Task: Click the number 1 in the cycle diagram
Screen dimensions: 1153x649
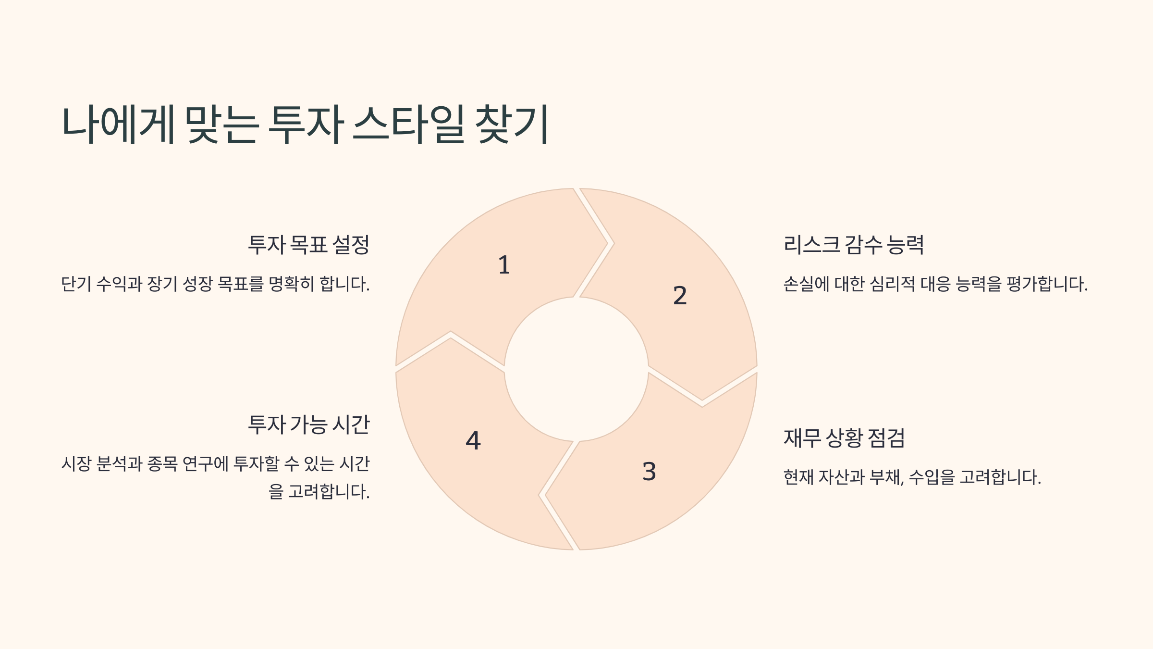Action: click(503, 265)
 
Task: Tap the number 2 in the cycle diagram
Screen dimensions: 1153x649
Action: click(680, 295)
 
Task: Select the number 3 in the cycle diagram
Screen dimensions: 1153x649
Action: click(649, 471)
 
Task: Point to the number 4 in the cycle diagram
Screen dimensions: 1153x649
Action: click(473, 440)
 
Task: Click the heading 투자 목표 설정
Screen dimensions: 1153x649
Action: click(308, 245)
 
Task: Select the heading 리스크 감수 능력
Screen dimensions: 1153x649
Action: click(854, 245)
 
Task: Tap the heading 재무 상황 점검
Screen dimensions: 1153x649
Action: click(844, 438)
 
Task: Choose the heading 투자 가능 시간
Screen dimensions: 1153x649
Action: click(308, 424)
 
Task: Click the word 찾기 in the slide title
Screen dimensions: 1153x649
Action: click(512, 125)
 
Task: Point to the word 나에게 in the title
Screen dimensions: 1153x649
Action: click(118, 125)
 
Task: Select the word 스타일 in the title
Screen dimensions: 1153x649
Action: click(409, 125)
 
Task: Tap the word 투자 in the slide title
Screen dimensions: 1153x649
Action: click(306, 125)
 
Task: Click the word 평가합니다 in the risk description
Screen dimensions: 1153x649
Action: click(1047, 284)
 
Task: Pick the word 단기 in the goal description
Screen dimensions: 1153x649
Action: click(76, 284)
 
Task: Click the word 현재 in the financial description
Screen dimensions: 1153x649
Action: click(798, 477)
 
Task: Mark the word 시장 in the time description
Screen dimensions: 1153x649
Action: click(76, 464)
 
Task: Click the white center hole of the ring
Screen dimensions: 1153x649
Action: click(576, 369)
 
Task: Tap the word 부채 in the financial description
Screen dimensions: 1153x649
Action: click(887, 477)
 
